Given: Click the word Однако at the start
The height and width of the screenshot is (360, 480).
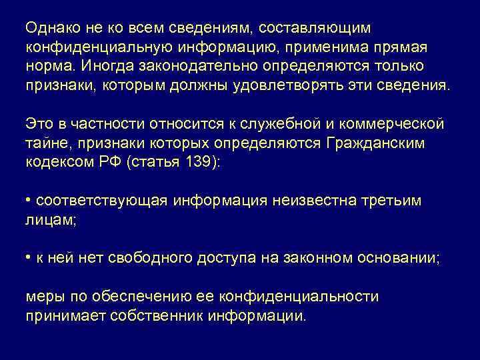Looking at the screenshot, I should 53,29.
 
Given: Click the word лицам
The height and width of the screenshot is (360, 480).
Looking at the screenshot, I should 50,219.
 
